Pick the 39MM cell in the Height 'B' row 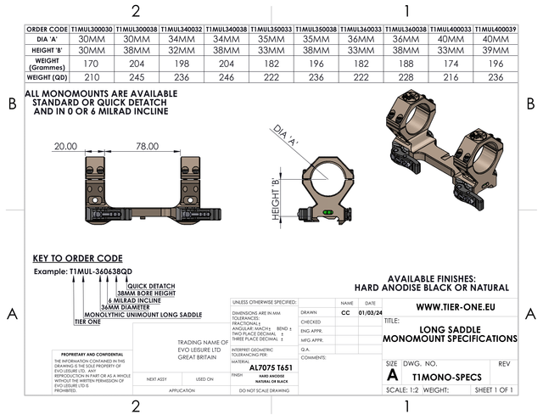(x=494, y=51)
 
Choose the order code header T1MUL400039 (x=494, y=29)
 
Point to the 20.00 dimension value (x=65, y=146)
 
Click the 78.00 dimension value (x=147, y=146)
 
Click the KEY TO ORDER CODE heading (x=77, y=258)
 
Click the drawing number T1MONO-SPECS (x=446, y=375)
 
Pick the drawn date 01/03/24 (x=370, y=312)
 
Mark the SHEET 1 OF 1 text (x=495, y=390)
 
